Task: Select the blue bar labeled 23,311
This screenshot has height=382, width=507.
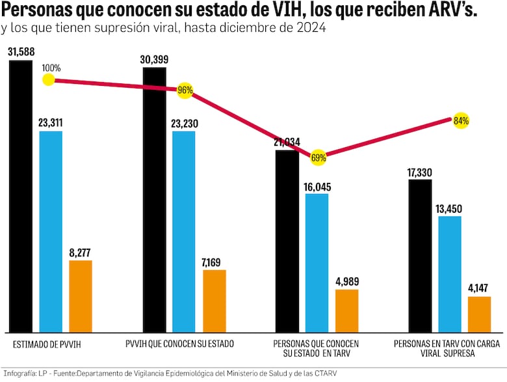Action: pos(51,231)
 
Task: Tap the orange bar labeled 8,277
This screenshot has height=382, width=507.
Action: pos(81,296)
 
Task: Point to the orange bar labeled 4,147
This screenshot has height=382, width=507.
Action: pos(479,314)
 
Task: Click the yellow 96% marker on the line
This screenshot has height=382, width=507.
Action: pos(185,90)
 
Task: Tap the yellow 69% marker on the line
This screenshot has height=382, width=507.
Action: pos(318,157)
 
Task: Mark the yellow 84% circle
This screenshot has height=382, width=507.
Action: pos(461,120)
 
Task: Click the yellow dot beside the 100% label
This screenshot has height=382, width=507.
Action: pos(47,79)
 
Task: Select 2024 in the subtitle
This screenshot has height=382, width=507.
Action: pos(313,29)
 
